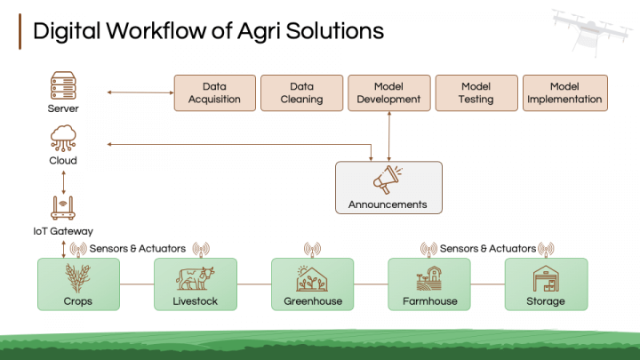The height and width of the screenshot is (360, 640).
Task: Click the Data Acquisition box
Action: (214, 92)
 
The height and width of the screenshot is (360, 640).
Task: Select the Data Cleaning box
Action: (301, 92)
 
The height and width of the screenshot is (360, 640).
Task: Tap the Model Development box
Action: (388, 92)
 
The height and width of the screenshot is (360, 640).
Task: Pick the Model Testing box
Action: (476, 92)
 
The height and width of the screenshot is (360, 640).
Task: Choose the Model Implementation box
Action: (564, 92)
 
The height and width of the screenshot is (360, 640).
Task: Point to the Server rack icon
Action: (63, 87)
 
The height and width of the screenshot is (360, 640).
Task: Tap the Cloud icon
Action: (63, 138)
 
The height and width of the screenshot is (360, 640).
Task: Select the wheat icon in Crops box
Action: (77, 278)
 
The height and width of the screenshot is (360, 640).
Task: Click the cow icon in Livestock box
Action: (195, 278)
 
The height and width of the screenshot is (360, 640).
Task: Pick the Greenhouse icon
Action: (312, 278)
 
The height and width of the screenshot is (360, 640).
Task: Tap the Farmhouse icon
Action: (428, 278)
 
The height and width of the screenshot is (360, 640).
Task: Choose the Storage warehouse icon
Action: (545, 278)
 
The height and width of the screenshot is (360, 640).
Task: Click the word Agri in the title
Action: (267, 30)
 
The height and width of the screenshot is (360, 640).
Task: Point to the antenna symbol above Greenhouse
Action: (312, 249)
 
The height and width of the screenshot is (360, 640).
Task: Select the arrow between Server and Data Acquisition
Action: (139, 92)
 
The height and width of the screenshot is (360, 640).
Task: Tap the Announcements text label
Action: (388, 204)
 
